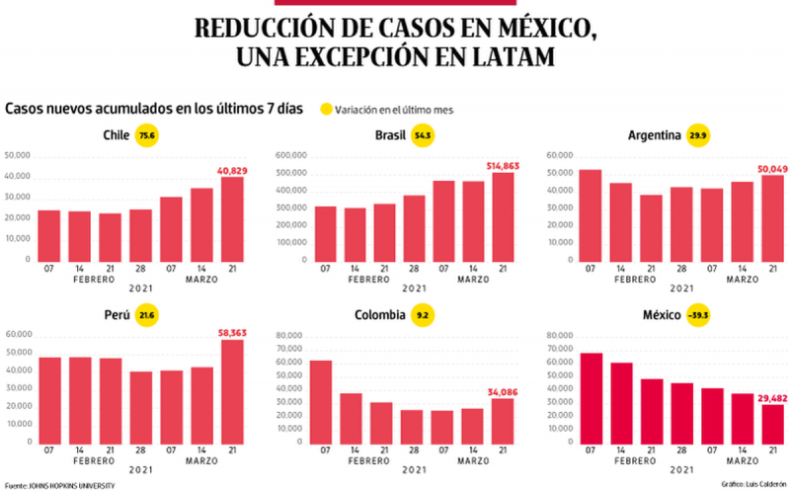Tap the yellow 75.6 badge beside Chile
point(148,136)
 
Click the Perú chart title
point(118,315)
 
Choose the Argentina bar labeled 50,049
point(771,217)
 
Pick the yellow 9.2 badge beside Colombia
point(423,315)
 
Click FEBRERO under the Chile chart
point(95,280)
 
